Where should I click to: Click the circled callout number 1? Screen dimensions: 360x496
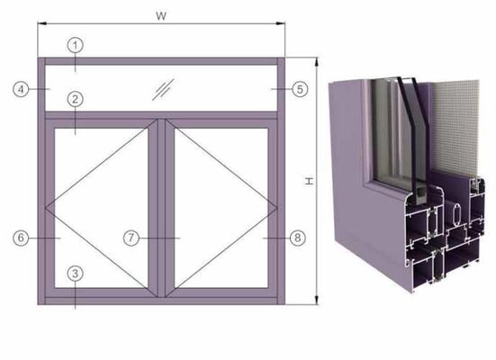(x=77, y=44)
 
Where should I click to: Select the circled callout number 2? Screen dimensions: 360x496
(x=76, y=98)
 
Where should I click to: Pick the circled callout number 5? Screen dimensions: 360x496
(x=300, y=89)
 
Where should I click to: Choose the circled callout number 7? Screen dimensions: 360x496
(x=131, y=238)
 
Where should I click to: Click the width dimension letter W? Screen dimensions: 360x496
(x=161, y=14)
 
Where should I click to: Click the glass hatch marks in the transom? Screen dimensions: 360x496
(x=162, y=87)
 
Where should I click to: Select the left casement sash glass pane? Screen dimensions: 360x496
(x=99, y=207)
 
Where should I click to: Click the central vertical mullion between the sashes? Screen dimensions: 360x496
(x=158, y=207)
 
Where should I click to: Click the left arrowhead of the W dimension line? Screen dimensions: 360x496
(x=40, y=24)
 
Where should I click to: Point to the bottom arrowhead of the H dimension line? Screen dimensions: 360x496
(x=316, y=301)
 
